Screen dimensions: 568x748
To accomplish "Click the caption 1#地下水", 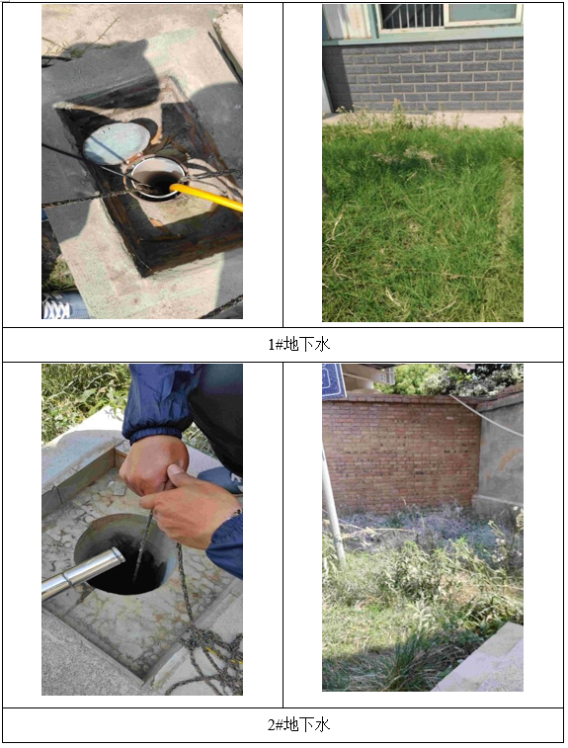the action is pos(299,344).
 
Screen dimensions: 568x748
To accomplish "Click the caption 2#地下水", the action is pos(299,724).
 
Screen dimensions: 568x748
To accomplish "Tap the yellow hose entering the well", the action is pos(207,196).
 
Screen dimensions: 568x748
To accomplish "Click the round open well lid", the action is pos(116,142).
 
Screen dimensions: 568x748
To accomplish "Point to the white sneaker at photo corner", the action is pos(56,306).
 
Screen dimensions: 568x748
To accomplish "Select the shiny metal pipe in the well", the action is pos(82,572).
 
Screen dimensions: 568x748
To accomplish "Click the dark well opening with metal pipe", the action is pos(124,553).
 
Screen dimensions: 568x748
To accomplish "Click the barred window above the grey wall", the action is pos(411,16).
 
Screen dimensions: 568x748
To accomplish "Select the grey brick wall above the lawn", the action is pos(423,75).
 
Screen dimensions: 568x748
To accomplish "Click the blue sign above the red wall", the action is pos(334,380).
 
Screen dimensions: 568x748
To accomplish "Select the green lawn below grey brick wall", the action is pos(423,219).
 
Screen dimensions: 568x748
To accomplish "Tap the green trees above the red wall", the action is pos(448,379).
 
